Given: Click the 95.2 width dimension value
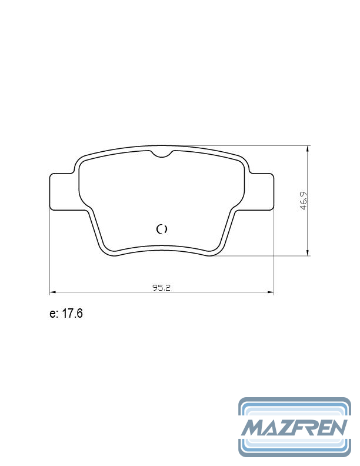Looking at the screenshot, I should pyautogui.click(x=161, y=288).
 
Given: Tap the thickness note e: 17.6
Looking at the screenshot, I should pyautogui.click(x=66, y=314).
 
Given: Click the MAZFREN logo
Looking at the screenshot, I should pyautogui.click(x=295, y=427).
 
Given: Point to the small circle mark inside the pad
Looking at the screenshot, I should pyautogui.click(x=162, y=229).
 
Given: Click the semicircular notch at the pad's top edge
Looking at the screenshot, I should pyautogui.click(x=162, y=154).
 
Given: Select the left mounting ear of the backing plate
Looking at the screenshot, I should pyautogui.click(x=61, y=191).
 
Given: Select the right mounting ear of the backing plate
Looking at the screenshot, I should pyautogui.click(x=262, y=191).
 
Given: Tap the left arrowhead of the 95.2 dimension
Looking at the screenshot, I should pyautogui.click(x=52, y=291).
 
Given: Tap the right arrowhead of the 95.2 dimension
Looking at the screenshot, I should pyautogui.click(x=271, y=291).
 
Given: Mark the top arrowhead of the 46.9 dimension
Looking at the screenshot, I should pyautogui.click(x=308, y=148).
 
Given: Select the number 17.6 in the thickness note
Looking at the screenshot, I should pyautogui.click(x=72, y=314).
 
